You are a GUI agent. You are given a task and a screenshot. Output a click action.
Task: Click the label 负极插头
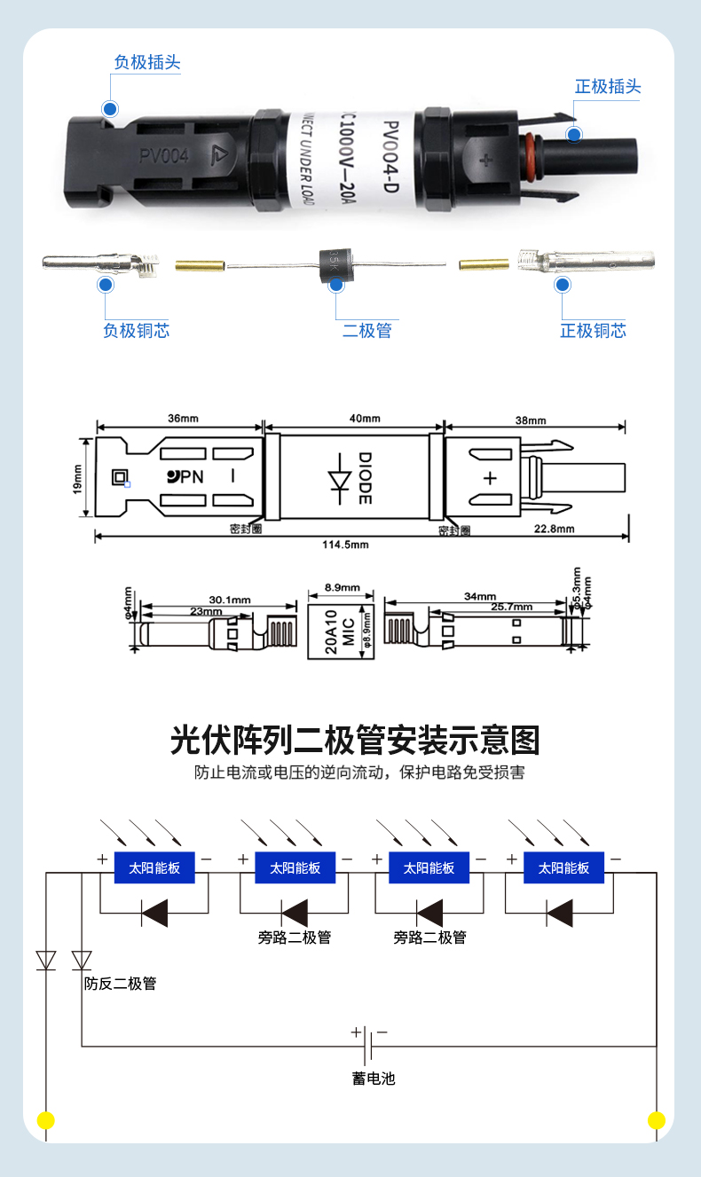(x=147, y=63)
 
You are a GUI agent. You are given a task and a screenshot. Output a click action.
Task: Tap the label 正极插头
(x=607, y=87)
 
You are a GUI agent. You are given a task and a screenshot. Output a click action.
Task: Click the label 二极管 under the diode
(x=366, y=331)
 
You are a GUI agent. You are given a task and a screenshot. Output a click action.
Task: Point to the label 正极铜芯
(x=593, y=331)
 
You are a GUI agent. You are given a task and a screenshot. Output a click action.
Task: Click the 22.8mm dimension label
(x=555, y=530)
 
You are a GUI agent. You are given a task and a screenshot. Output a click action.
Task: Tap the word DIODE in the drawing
(x=364, y=479)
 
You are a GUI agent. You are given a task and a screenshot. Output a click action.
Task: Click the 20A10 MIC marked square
(x=341, y=632)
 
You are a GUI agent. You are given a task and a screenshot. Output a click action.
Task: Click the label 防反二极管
(x=120, y=984)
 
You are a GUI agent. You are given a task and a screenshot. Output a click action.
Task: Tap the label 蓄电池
(x=373, y=1079)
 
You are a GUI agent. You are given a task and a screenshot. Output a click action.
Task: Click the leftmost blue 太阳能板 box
(x=154, y=867)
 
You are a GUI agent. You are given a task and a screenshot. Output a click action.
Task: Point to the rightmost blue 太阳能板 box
(x=563, y=867)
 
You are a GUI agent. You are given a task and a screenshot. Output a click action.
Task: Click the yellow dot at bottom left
(x=45, y=1120)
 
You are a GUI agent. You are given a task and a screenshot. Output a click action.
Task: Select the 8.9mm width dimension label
(x=342, y=587)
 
